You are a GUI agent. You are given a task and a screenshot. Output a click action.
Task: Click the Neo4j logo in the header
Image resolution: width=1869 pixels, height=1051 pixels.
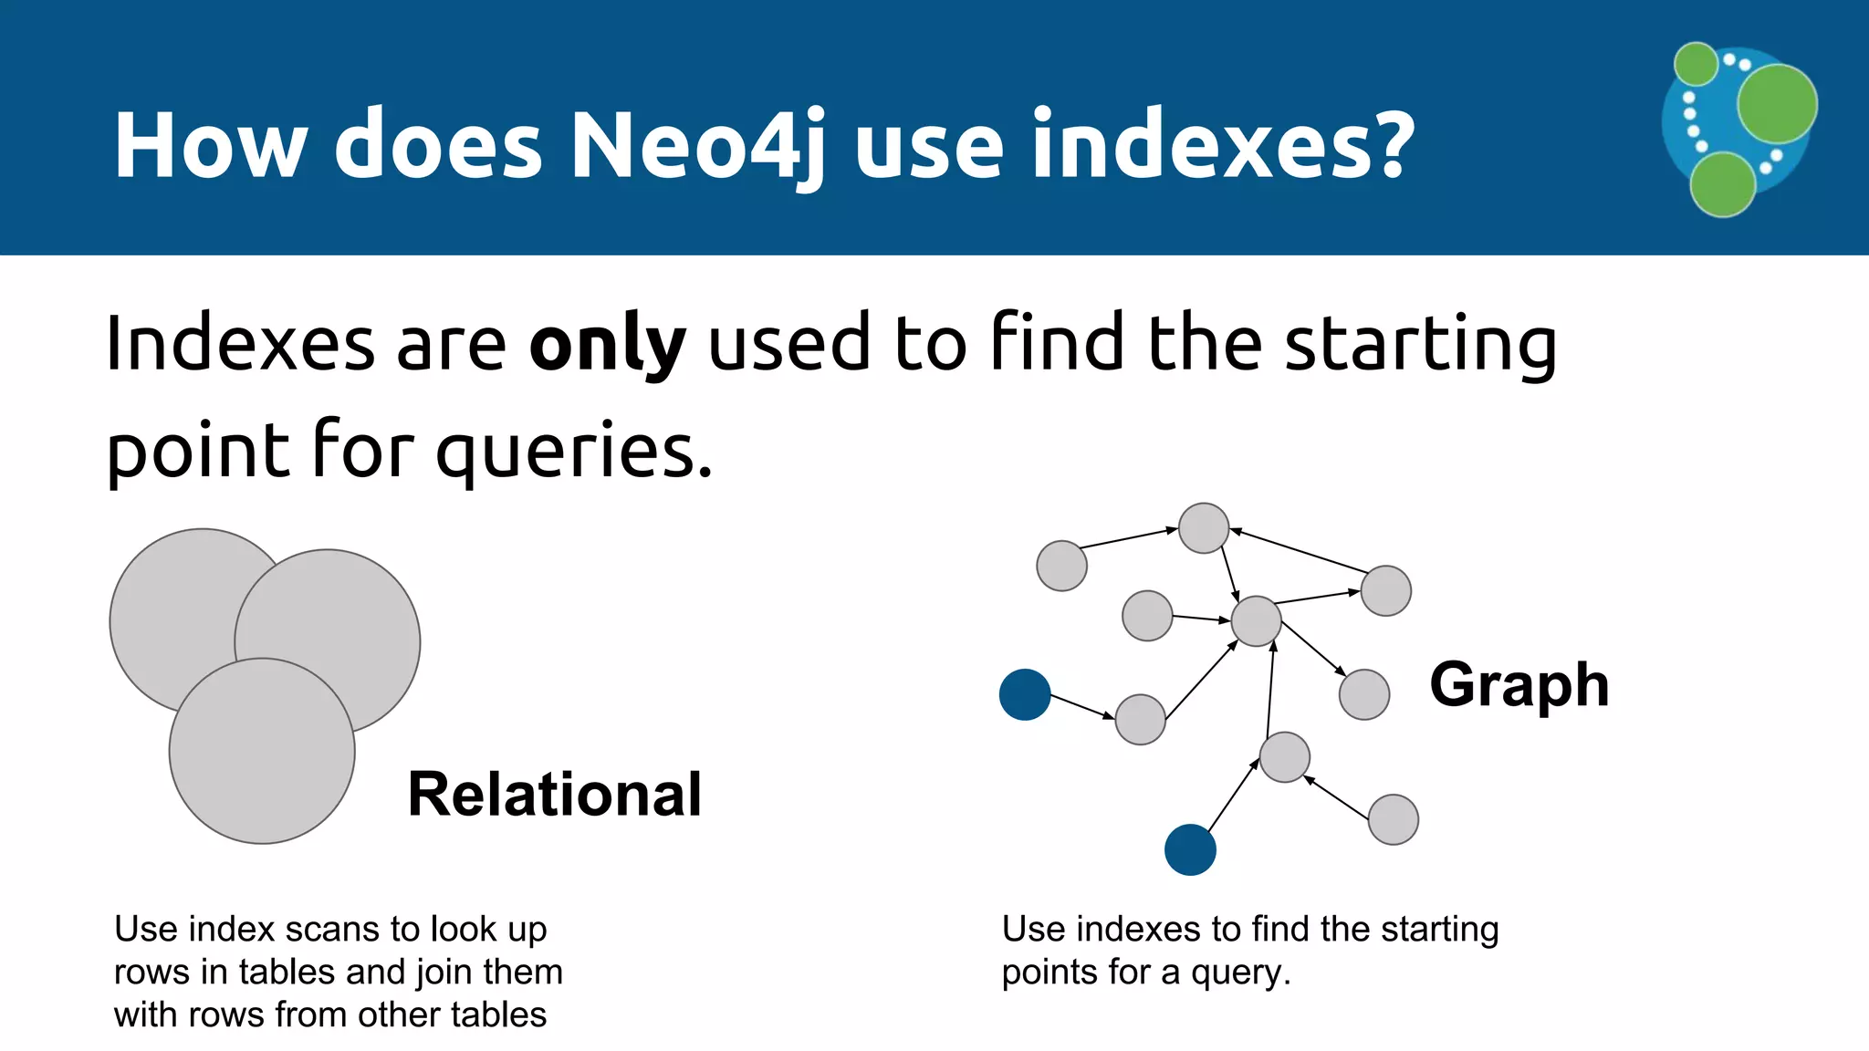click(x=1738, y=129)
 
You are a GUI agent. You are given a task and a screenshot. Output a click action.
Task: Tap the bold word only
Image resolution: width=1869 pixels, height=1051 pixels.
click(x=607, y=345)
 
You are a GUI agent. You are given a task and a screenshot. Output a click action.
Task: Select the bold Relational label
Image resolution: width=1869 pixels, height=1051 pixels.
click(x=555, y=794)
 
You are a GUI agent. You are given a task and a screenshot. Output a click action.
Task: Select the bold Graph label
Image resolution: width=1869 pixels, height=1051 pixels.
click(x=1519, y=684)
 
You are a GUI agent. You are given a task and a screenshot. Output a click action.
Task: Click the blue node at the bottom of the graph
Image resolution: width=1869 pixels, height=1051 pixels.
click(x=1190, y=849)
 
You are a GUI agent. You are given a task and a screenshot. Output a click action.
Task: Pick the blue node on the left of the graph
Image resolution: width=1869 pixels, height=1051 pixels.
click(x=1025, y=694)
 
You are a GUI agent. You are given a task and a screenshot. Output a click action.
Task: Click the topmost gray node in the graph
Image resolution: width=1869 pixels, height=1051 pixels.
click(x=1204, y=527)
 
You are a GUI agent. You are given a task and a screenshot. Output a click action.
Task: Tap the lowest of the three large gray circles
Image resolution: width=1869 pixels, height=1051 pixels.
click(x=262, y=751)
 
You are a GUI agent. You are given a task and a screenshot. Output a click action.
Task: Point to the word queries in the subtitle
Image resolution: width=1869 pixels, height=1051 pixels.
click(x=573, y=452)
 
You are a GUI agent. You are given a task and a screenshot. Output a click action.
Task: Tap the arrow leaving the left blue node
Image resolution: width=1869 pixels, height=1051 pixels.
click(x=1082, y=707)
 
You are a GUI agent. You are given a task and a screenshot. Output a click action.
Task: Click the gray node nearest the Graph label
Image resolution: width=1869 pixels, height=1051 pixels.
click(x=1364, y=694)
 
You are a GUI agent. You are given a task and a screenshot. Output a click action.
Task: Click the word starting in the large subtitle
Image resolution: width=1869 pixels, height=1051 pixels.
click(x=1420, y=345)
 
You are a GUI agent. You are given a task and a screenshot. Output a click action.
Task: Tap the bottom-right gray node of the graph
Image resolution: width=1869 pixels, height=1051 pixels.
click(x=1394, y=819)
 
